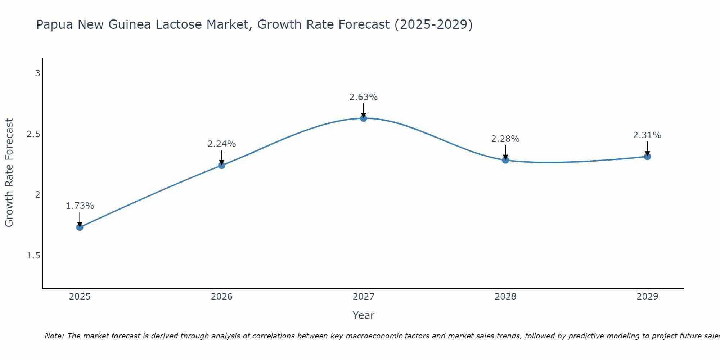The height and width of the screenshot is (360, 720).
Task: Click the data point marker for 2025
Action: coord(80,227)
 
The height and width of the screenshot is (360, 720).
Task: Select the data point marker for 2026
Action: coord(221,165)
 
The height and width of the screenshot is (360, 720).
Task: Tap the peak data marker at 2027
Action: coord(364,118)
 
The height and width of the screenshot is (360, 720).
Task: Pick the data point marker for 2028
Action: coord(505,160)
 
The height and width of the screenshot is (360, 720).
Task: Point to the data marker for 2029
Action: coord(647,157)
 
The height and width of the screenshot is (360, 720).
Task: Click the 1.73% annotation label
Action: coord(80,206)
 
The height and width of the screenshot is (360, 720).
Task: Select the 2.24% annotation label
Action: coord(221,144)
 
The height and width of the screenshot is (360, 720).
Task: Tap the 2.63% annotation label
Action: coord(364,97)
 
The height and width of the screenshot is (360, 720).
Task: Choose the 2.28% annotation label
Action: coord(505,139)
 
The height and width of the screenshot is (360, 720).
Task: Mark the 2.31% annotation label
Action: coord(647,135)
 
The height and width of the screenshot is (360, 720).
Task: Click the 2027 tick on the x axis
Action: coord(364,297)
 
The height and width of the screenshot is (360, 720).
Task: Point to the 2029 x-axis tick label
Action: coord(647,297)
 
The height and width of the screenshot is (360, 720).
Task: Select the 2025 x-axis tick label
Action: coord(80,297)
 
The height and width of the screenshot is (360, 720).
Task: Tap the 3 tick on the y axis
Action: coord(37,73)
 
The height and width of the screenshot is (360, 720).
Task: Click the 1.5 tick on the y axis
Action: coord(33,256)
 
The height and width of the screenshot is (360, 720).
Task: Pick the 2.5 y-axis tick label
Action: coord(33,134)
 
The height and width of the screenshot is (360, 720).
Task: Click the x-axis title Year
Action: coord(364,315)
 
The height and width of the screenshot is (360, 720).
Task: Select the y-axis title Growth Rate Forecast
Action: coord(9,173)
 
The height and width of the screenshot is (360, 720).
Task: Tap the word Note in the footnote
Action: coord(54,336)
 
